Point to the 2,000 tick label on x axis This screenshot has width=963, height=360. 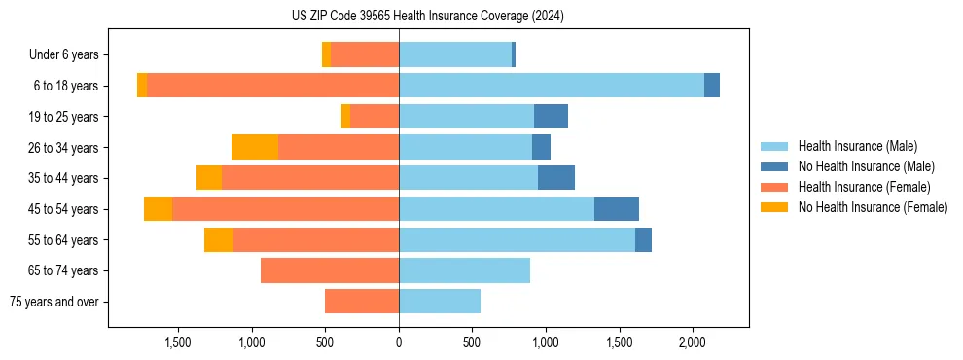692,342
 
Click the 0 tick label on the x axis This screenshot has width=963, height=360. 399,342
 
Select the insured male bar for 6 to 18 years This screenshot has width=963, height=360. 551,86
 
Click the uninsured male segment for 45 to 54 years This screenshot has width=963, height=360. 616,208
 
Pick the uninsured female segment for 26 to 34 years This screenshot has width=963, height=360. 255,147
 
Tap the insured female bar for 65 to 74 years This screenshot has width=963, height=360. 330,270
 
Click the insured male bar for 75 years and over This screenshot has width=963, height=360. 440,302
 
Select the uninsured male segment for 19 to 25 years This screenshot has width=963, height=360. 551,117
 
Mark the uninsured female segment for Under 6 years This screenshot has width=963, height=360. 326,54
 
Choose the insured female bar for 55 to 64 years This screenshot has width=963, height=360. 316,239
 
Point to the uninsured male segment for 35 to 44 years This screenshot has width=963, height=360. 556,178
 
